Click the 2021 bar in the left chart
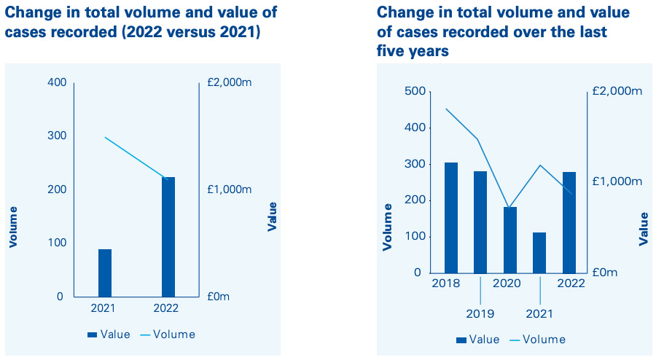[x=105, y=273]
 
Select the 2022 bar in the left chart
[x=168, y=237]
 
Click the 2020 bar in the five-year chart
[x=510, y=240]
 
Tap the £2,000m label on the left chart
[x=230, y=83]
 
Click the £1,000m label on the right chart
[x=617, y=181]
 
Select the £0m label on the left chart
[x=219, y=297]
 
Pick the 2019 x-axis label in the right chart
[x=480, y=314]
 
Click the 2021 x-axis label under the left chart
[x=104, y=309]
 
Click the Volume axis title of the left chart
[x=13, y=227]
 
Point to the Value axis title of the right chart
[x=643, y=229]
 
